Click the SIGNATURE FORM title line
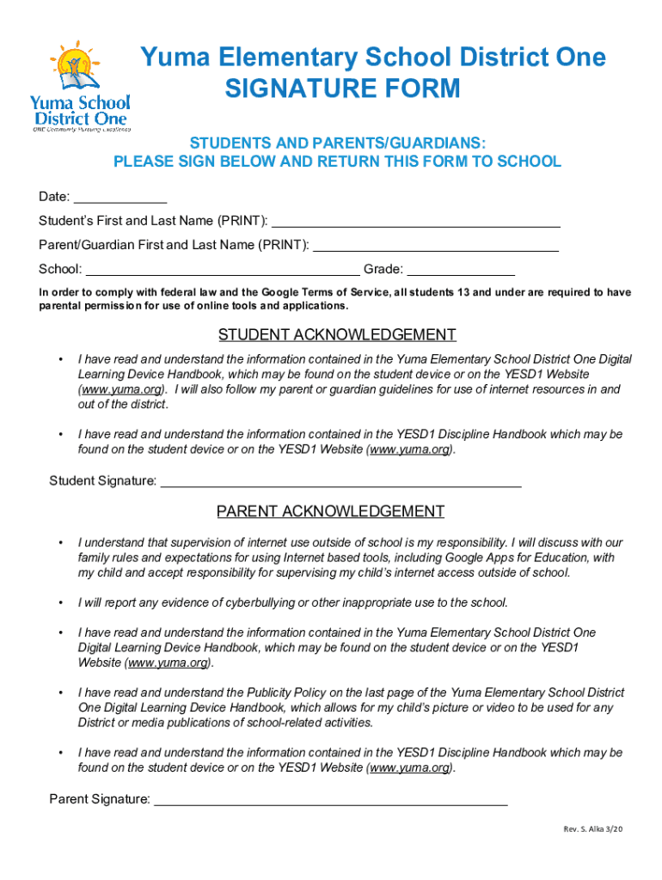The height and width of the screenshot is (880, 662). click(342, 89)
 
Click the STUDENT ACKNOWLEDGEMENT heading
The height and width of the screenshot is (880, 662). click(337, 334)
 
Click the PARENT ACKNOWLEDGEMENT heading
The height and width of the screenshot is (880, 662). click(330, 511)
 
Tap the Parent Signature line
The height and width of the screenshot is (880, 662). click(330, 800)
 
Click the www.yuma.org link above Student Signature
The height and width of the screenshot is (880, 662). click(408, 449)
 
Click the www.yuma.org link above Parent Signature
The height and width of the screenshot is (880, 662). click(408, 767)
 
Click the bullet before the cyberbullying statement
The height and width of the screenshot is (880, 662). click(60, 602)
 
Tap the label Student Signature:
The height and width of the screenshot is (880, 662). click(102, 480)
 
